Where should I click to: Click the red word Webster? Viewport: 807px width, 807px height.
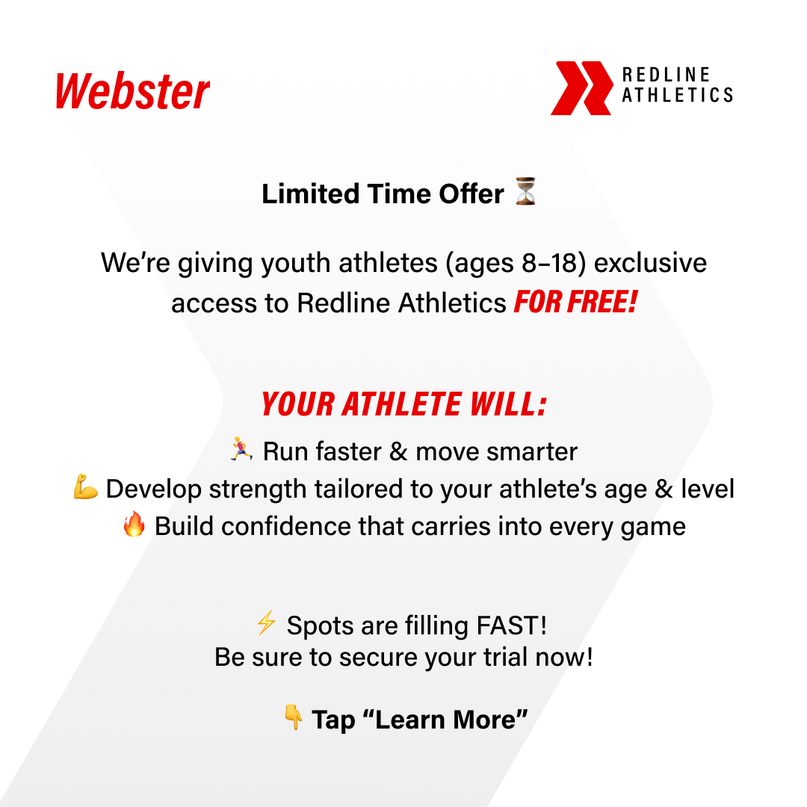pyautogui.click(x=132, y=91)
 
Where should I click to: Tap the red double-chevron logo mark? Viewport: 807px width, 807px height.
pyautogui.click(x=581, y=88)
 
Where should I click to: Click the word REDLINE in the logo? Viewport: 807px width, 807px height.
pyautogui.click(x=666, y=75)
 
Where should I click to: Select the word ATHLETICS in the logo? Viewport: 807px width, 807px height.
pyautogui.click(x=677, y=95)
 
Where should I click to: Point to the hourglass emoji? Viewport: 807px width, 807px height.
pyautogui.click(x=525, y=191)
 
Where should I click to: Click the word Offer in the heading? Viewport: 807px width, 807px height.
pyautogui.click(x=471, y=194)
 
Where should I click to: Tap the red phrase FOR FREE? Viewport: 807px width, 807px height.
pyautogui.click(x=576, y=302)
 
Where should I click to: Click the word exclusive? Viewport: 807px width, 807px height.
pyautogui.click(x=651, y=263)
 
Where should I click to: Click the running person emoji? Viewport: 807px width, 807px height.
pyautogui.click(x=241, y=449)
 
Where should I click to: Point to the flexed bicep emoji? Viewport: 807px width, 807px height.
pyautogui.click(x=85, y=487)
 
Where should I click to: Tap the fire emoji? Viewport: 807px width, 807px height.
pyautogui.click(x=134, y=524)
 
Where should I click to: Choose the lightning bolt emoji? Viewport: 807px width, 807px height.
pyautogui.click(x=267, y=622)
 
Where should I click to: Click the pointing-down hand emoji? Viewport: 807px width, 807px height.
pyautogui.click(x=294, y=717)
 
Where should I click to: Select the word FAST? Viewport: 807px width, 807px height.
pyautogui.click(x=512, y=626)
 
